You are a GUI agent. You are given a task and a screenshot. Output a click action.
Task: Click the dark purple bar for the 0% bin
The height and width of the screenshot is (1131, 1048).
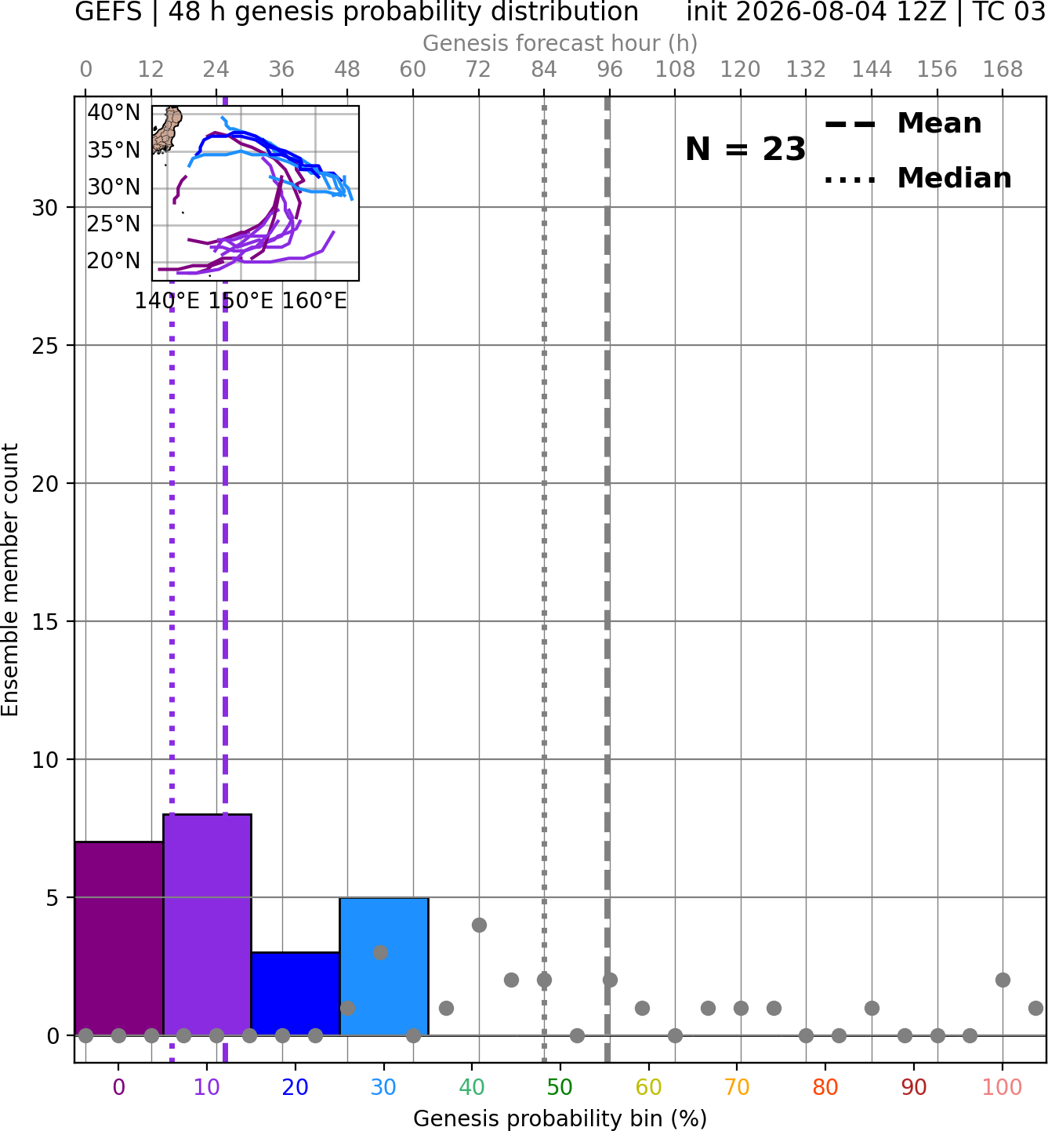119,938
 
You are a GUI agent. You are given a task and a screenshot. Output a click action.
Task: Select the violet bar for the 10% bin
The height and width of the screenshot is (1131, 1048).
207,924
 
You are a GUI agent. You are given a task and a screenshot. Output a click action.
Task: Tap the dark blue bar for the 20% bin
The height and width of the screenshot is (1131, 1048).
296,993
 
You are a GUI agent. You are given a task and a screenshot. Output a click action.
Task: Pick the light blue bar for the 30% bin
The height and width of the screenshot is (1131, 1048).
384,966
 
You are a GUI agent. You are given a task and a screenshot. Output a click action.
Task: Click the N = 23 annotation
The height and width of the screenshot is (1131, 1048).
745,149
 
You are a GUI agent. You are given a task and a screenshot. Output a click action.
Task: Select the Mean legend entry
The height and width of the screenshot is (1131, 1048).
904,124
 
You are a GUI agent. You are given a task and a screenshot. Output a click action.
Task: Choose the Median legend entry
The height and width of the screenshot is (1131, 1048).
918,178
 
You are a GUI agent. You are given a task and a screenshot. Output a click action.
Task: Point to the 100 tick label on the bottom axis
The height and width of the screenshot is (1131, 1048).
1003,1087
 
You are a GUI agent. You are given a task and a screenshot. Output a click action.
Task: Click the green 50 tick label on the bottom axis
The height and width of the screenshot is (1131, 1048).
560,1087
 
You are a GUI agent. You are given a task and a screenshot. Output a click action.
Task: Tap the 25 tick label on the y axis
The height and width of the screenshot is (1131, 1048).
45,346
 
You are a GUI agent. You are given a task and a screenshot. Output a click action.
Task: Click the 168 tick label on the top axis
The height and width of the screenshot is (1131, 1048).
1003,70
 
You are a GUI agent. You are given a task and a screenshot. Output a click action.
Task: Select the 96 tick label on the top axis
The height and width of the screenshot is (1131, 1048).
610,70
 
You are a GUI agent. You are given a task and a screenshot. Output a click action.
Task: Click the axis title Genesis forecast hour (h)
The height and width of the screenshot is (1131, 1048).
560,43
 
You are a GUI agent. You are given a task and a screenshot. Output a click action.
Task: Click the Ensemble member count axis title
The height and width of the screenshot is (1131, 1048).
9,580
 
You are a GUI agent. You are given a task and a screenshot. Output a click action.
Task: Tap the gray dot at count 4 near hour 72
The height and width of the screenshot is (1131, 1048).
479,925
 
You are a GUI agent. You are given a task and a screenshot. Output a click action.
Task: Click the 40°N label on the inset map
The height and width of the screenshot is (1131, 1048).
114,113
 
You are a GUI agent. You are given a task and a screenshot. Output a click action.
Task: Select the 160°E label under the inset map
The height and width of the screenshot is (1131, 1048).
314,300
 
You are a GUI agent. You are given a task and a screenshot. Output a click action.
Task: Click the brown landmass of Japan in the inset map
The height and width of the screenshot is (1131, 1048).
168,129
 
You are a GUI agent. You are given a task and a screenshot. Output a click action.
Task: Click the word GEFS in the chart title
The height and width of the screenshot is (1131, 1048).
108,12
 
